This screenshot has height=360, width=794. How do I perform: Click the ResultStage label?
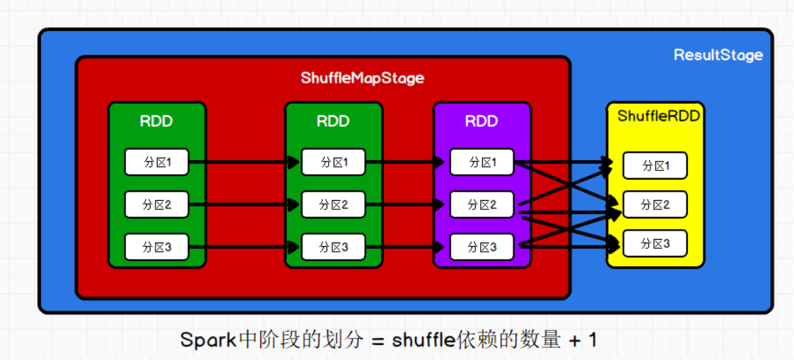718,55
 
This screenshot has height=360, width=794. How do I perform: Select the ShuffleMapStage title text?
362,78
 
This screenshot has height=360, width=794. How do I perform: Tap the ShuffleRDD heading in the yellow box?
658,116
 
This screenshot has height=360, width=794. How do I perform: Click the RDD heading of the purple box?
481,121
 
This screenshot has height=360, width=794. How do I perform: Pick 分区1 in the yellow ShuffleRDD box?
655,166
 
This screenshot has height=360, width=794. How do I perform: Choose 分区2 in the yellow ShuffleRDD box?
655,204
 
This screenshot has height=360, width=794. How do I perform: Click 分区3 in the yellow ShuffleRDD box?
655,243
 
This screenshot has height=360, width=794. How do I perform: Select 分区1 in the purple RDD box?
481,162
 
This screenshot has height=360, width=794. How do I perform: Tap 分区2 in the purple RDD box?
481,204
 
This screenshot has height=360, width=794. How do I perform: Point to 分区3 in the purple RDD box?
481,246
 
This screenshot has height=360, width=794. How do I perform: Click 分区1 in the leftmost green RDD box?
156,162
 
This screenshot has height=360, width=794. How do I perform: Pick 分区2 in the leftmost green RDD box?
156,204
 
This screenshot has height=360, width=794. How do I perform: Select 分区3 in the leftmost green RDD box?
156,246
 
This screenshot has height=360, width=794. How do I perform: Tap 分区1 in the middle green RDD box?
333,162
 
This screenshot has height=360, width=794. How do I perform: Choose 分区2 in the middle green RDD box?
333,204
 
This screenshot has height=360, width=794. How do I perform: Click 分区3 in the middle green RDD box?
333,246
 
